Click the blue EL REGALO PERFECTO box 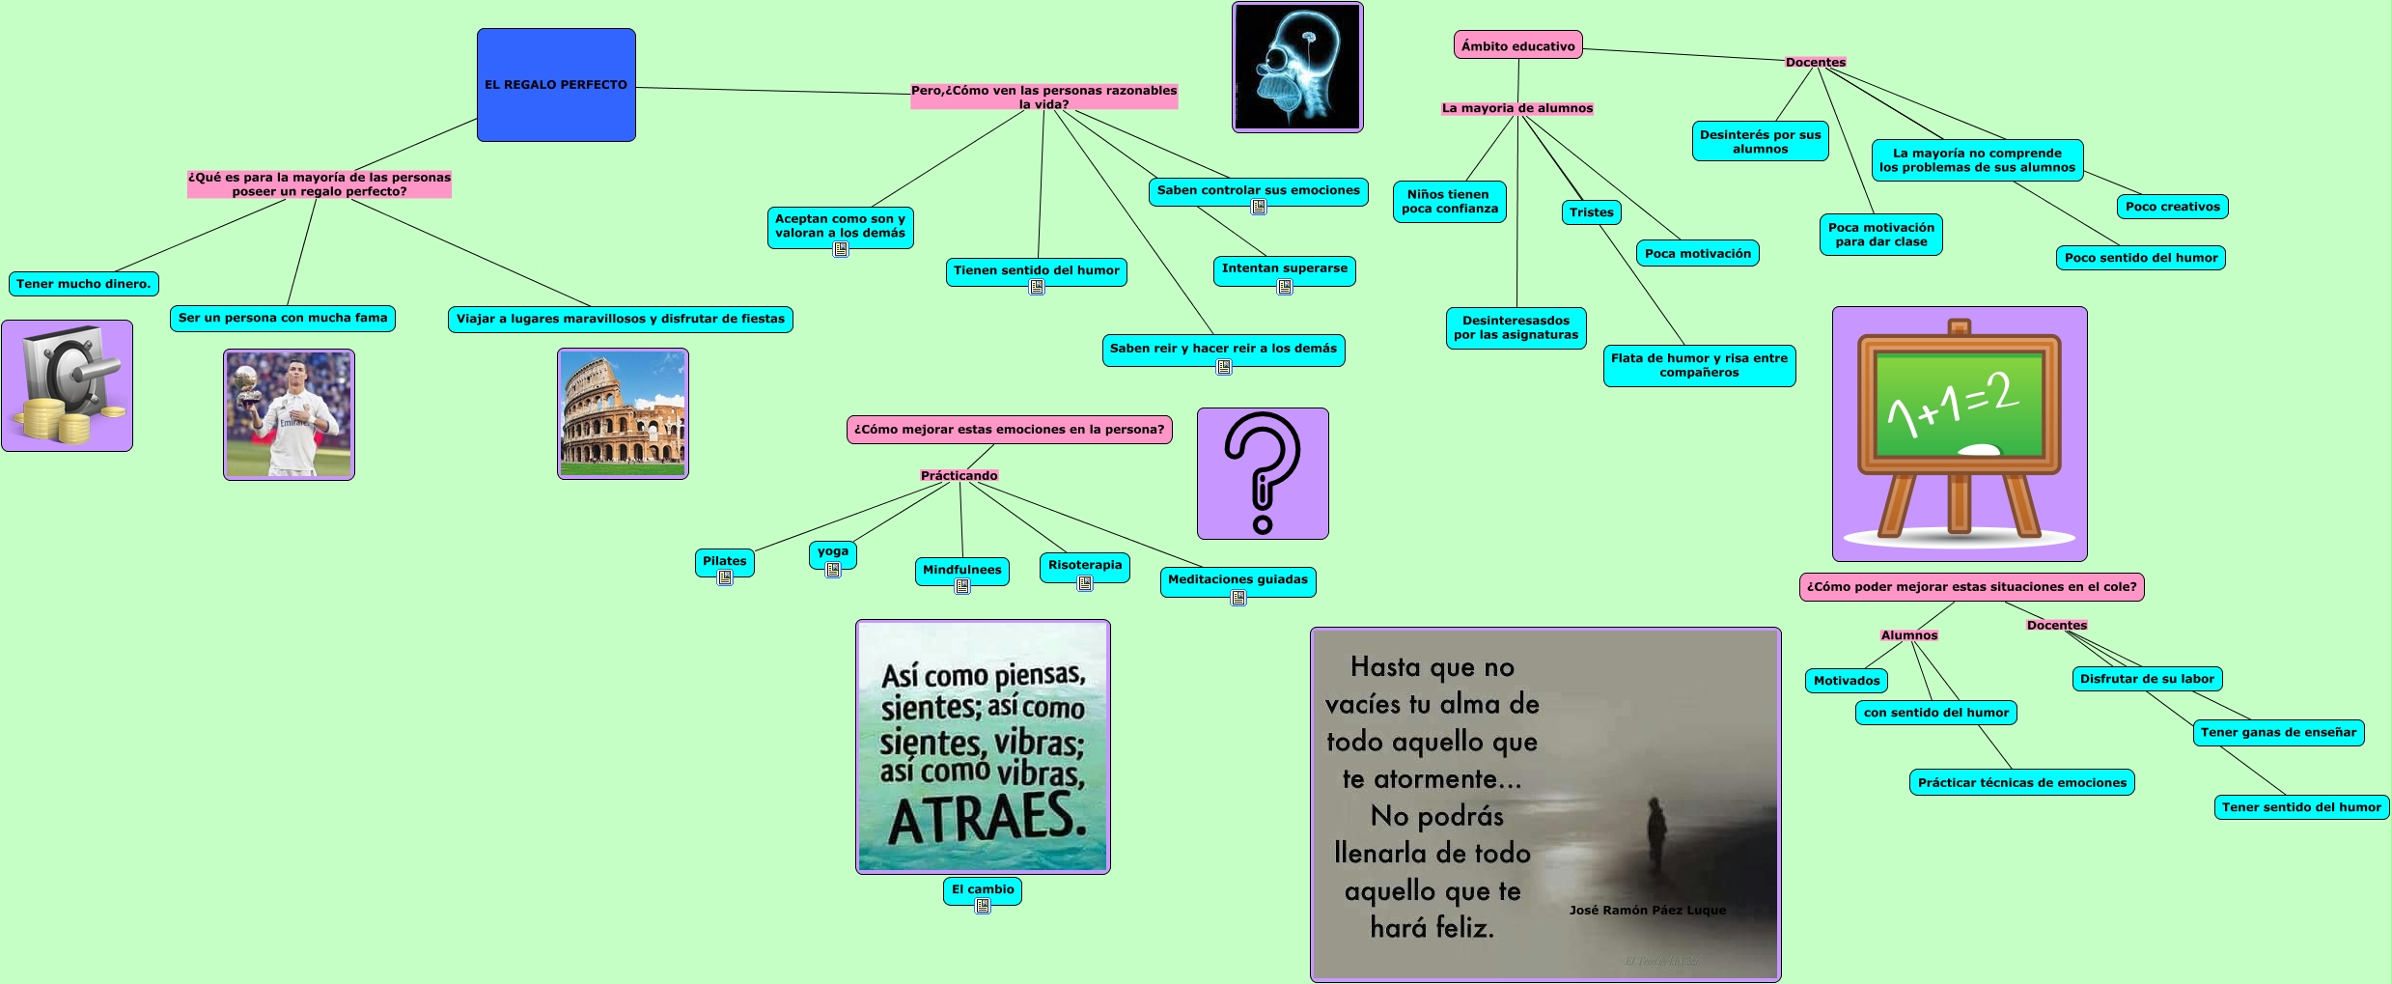(556, 85)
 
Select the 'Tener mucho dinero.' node (83, 284)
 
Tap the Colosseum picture (623, 413)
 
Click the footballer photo (289, 414)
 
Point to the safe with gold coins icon (67, 385)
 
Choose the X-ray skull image (1297, 67)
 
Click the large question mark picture (1263, 473)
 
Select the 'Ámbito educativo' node (1517, 45)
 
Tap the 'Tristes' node (1591, 212)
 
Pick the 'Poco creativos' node (2172, 207)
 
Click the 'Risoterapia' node (1085, 565)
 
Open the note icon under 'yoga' (833, 570)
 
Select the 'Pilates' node (724, 561)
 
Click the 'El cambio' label (983, 889)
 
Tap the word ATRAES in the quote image (987, 818)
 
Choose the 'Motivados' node (1847, 681)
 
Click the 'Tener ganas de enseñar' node (2278, 732)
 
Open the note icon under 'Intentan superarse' (1285, 287)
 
